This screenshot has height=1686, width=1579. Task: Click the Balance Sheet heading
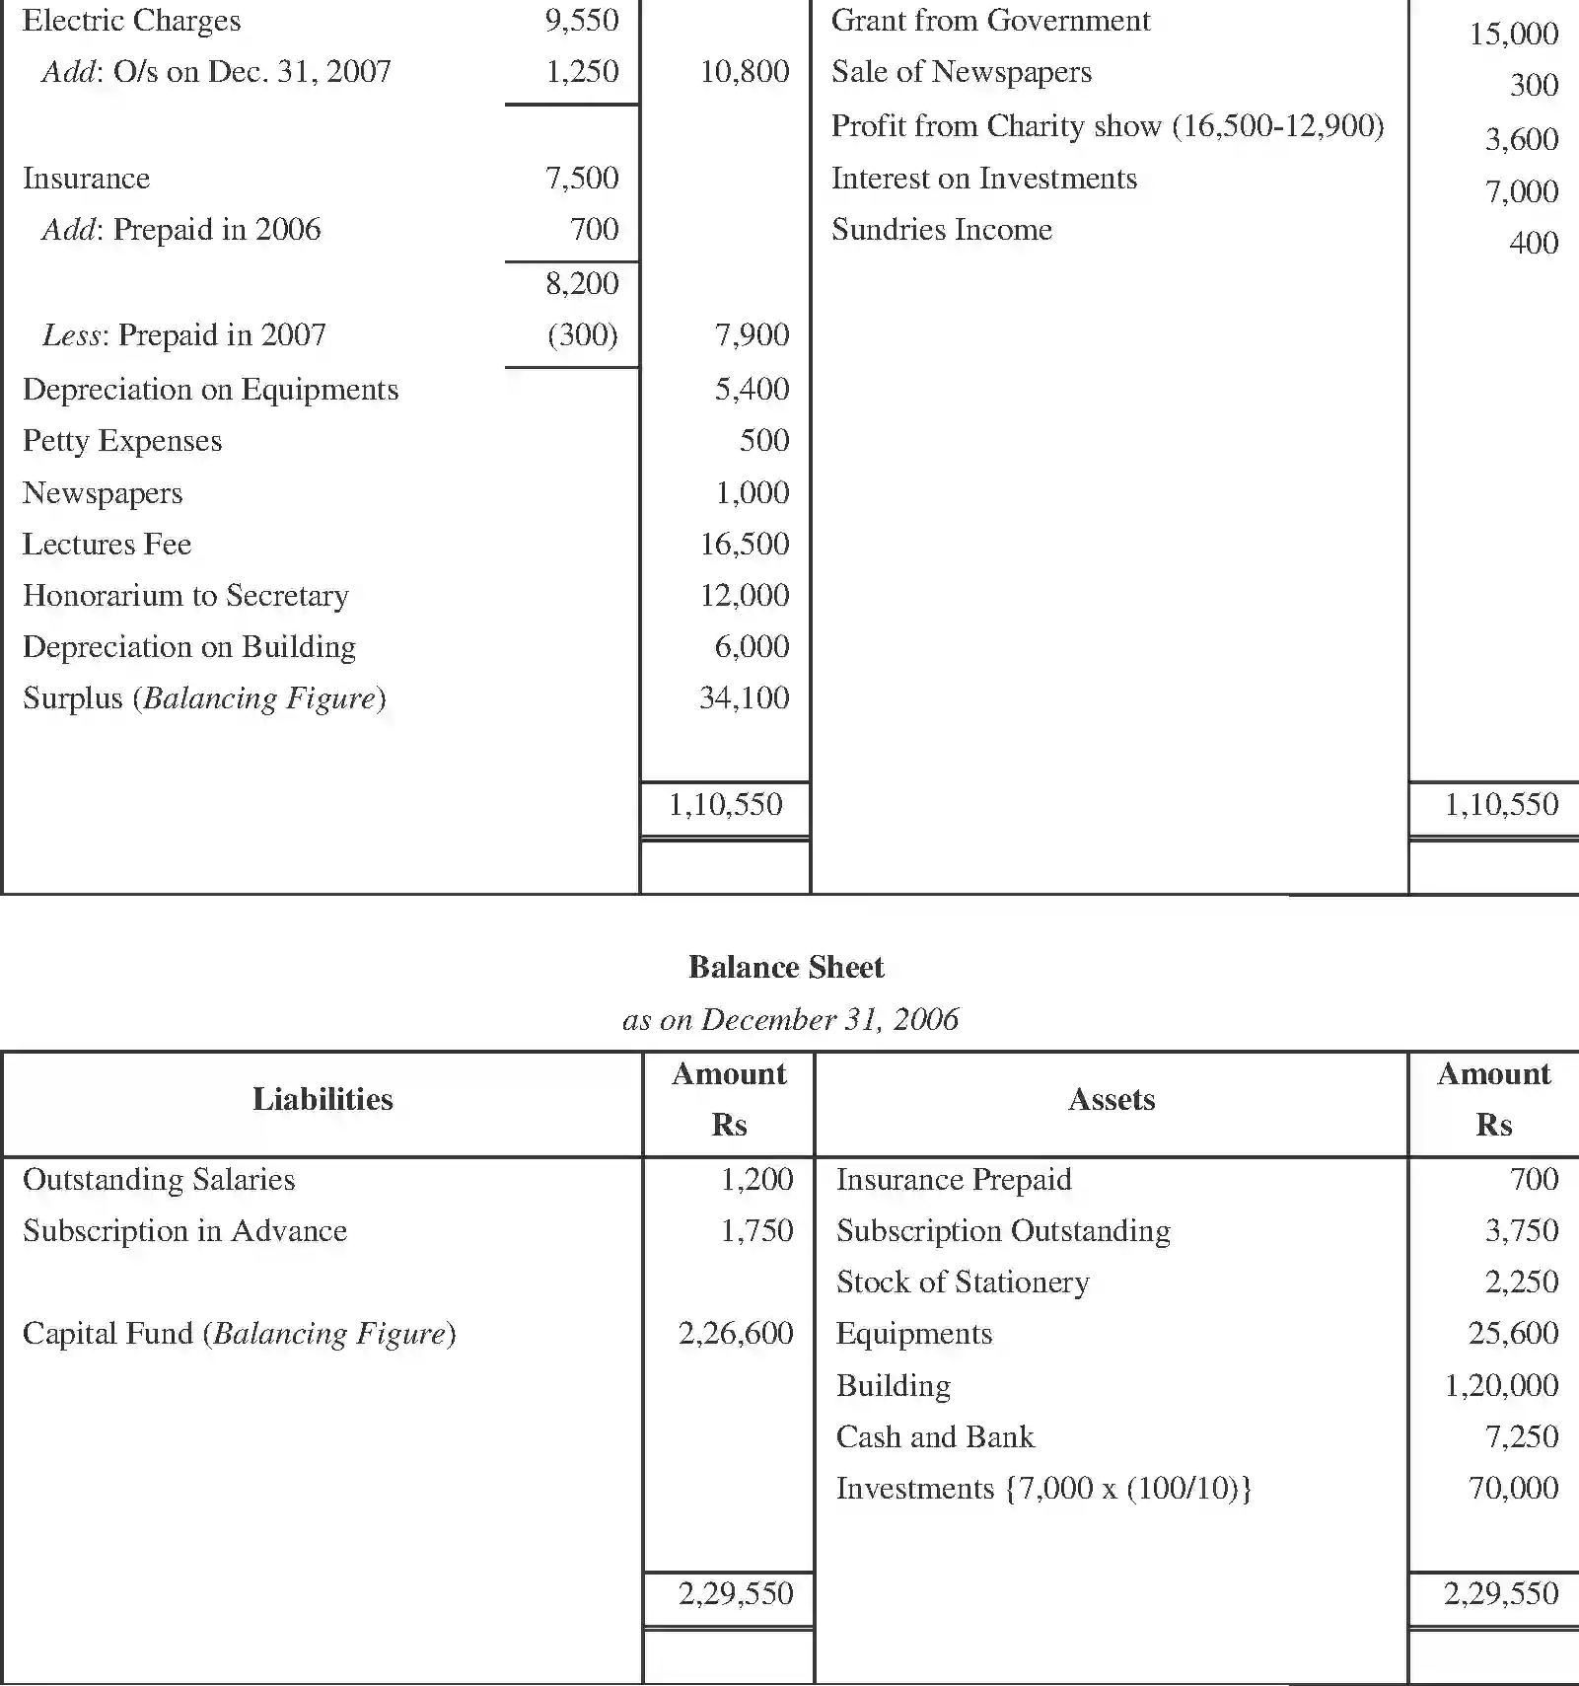pyautogui.click(x=786, y=967)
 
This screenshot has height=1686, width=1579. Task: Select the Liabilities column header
pyautogui.click(x=323, y=1099)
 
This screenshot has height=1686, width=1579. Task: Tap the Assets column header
pyautogui.click(x=1112, y=1099)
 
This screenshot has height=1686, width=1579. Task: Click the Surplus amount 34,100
pyautogui.click(x=745, y=697)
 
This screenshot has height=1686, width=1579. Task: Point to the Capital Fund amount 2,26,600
pyautogui.click(x=736, y=1333)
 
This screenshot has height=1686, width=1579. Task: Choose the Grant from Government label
pyautogui.click(x=990, y=21)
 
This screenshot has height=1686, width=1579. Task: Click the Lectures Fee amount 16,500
pyautogui.click(x=745, y=544)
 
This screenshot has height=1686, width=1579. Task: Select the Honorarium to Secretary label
pyautogui.click(x=185, y=595)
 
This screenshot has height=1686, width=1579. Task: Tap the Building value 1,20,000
pyautogui.click(x=1501, y=1385)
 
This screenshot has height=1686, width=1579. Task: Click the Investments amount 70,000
pyautogui.click(x=1513, y=1488)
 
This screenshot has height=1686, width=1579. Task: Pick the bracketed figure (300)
pyautogui.click(x=583, y=334)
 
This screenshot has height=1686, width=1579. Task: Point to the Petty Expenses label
pyautogui.click(x=122, y=440)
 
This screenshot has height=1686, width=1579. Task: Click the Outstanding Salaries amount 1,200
pyautogui.click(x=756, y=1179)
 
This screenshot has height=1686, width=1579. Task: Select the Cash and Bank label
pyautogui.click(x=935, y=1436)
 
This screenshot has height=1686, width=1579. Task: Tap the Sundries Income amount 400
pyautogui.click(x=1534, y=243)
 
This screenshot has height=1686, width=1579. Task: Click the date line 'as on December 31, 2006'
pyautogui.click(x=790, y=1019)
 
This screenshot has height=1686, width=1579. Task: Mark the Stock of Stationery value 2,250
pyautogui.click(x=1522, y=1282)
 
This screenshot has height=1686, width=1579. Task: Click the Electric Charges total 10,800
pyautogui.click(x=745, y=71)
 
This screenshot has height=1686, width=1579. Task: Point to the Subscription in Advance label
pyautogui.click(x=184, y=1230)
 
